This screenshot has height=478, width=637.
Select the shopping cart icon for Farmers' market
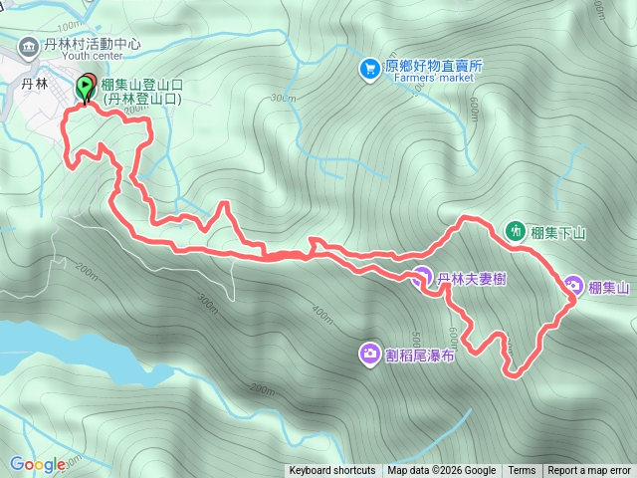tap(369, 68)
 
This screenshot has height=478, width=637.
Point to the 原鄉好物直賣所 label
tap(433, 66)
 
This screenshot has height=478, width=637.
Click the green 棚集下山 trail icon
tap(516, 230)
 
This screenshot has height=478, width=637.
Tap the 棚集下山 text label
tap(559, 233)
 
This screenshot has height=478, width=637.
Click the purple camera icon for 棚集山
tap(573, 286)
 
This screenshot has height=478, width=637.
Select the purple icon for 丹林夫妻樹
tap(422, 278)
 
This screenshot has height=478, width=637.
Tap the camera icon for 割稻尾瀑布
tap(369, 354)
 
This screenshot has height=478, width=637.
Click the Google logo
tap(37, 464)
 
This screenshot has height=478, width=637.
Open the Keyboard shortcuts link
tap(332, 471)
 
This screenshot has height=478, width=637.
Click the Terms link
tap(522, 471)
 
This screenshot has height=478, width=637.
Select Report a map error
tap(589, 471)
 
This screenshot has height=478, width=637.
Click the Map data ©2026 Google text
tap(442, 471)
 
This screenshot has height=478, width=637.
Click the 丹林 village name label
tap(35, 84)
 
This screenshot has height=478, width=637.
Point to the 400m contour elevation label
tap(320, 313)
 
